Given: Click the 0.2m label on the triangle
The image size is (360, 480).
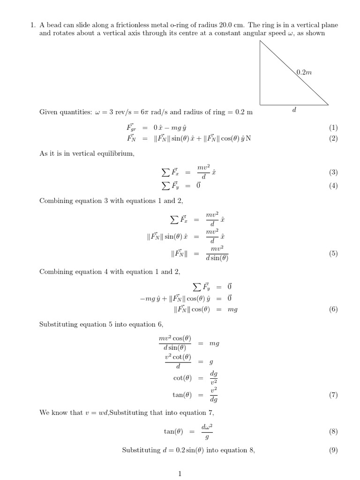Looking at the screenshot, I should click(x=305, y=72).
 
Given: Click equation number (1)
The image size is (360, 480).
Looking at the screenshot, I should click(x=333, y=127).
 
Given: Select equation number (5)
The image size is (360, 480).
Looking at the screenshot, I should click(x=333, y=254).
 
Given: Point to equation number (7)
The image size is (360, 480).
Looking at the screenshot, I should click(x=333, y=395).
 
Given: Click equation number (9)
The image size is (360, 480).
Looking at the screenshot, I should click(x=333, y=450).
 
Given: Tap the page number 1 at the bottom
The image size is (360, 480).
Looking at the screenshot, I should click(x=180, y=474).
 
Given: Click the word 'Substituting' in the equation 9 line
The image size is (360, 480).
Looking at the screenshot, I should click(x=141, y=450).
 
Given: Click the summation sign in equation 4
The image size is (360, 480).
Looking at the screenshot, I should click(x=165, y=186).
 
